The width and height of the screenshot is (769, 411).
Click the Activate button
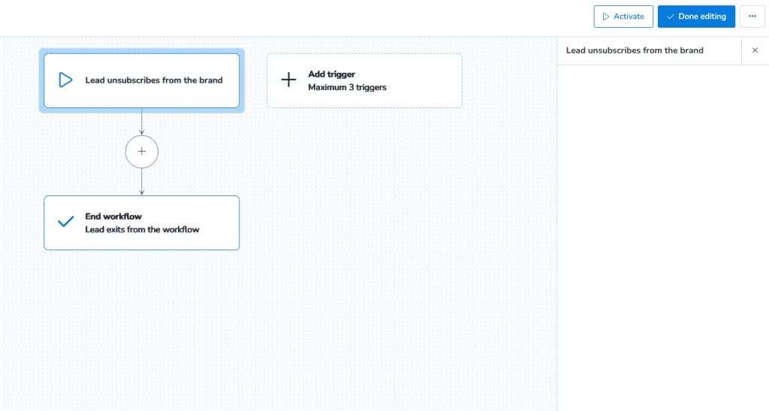pos(623,17)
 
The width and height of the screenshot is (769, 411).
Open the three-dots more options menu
pos(752,17)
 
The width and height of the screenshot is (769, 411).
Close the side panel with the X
pos(755,50)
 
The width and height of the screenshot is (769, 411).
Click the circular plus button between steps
pos(142,152)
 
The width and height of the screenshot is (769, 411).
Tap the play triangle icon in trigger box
pos(65,80)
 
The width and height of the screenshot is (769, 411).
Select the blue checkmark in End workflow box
pos(65,222)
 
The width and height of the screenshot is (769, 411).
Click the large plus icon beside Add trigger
pos(288,80)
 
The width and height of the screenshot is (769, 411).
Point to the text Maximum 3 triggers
pos(347,87)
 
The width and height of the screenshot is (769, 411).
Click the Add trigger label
pos(331,74)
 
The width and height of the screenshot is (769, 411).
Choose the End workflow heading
pos(113,216)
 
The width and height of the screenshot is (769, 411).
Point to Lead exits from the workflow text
pos(142,229)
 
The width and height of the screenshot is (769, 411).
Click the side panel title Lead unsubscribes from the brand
pos(635,50)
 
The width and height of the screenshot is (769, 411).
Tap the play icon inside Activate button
pos(605,17)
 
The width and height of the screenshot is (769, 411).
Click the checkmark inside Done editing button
pos(670,17)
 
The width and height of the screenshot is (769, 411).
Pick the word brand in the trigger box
pos(210,80)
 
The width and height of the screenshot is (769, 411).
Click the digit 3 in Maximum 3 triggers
pos(352,87)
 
